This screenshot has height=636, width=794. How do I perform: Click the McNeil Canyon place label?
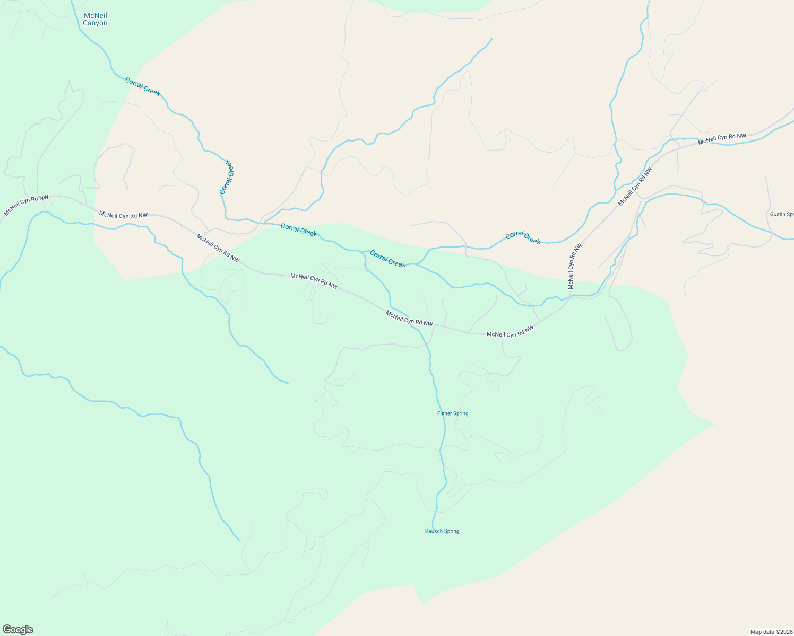pos(95,20)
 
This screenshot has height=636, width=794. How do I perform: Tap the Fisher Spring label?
pos(453,413)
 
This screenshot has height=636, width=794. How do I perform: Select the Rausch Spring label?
pos(442,531)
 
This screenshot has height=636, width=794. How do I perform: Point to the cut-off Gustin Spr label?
pos(782,214)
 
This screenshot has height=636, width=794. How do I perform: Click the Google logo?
pos(18,630)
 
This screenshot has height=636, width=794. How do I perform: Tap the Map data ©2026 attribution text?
pos(771,632)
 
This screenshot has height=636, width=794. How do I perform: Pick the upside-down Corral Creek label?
pos(227,176)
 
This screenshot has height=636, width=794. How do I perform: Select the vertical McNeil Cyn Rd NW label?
pos(575,266)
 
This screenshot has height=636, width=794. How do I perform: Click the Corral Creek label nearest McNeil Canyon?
pos(143,86)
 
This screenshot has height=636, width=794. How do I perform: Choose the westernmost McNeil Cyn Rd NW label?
pos(26,206)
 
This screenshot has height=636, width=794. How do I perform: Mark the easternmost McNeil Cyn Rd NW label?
pos(722,139)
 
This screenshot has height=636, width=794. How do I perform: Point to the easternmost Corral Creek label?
pos(523,238)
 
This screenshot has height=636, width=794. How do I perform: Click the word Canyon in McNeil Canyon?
pos(95,23)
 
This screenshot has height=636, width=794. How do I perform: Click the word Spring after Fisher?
pos(461,413)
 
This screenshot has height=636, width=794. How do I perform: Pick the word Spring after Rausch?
pos(451,531)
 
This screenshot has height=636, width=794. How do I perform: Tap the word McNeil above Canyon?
pos(96,16)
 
